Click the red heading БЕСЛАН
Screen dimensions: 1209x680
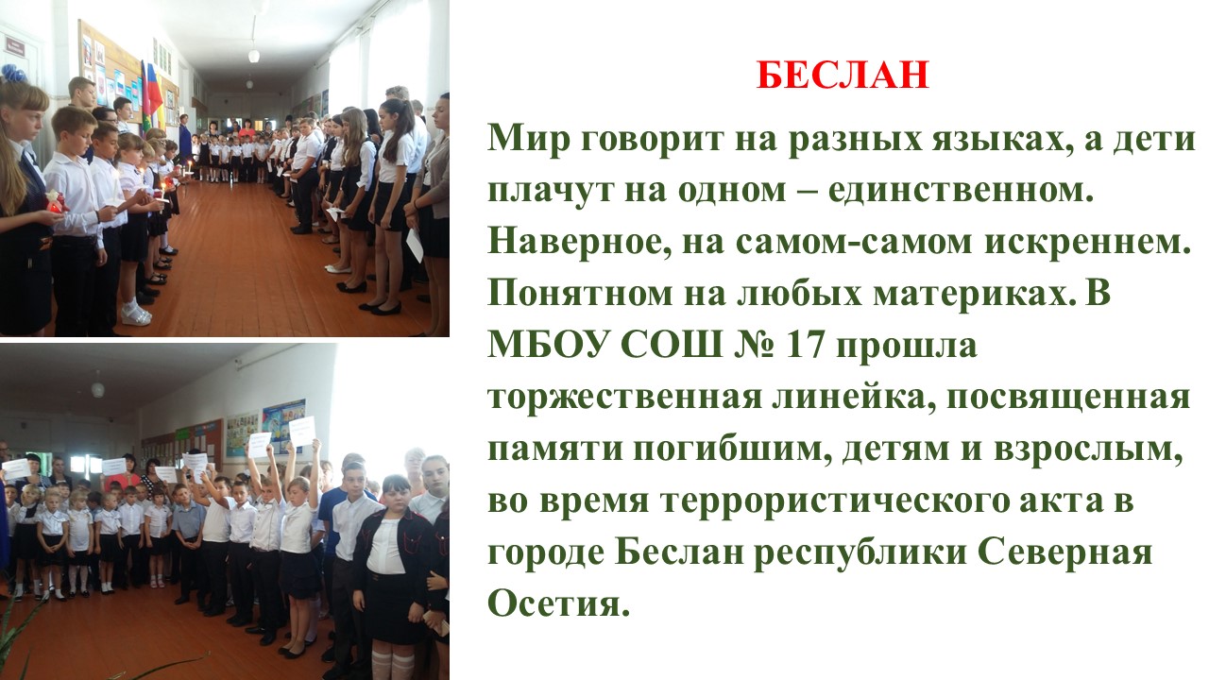[843, 75]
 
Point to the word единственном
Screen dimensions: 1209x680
[961, 191]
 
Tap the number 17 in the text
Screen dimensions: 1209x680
[805, 346]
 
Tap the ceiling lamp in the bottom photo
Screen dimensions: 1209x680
[97, 389]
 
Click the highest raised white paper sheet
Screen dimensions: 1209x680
[302, 430]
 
